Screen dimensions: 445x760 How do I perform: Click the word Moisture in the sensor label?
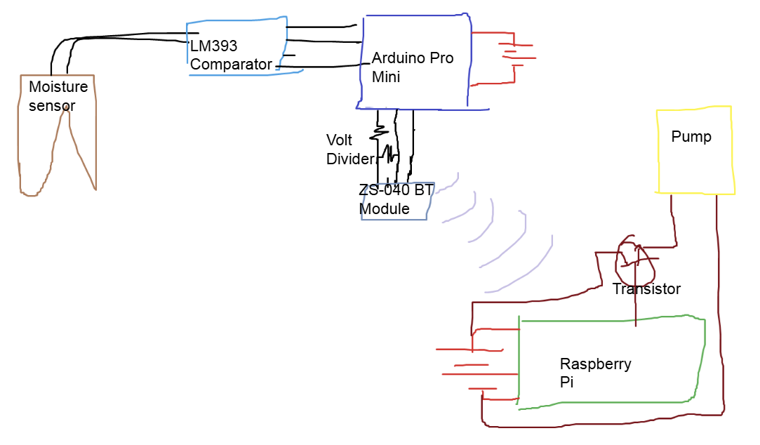click(58, 87)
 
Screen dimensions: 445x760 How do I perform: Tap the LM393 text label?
click(214, 46)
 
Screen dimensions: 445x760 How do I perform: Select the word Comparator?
click(231, 65)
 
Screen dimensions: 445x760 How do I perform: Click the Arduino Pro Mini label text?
click(412, 67)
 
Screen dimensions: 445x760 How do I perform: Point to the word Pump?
click(691, 136)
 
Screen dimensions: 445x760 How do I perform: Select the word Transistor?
click(646, 288)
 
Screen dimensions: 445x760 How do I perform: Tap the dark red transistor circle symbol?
click(635, 261)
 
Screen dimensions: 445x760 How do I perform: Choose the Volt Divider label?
click(349, 150)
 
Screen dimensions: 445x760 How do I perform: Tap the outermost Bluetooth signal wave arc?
click(533, 267)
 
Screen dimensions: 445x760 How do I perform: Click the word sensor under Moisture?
click(52, 106)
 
